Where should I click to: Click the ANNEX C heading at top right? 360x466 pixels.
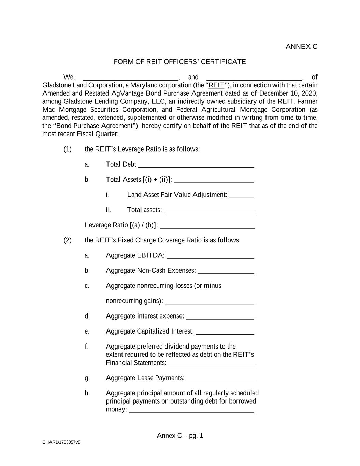301,47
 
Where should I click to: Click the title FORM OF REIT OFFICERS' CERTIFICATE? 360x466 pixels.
179,62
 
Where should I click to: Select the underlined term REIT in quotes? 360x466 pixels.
216,85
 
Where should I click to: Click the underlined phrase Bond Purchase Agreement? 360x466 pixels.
94,126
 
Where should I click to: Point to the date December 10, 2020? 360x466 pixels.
288,94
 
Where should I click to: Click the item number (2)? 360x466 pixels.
68,240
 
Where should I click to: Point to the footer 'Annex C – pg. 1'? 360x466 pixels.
180,436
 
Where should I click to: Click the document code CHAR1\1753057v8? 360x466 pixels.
61,442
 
